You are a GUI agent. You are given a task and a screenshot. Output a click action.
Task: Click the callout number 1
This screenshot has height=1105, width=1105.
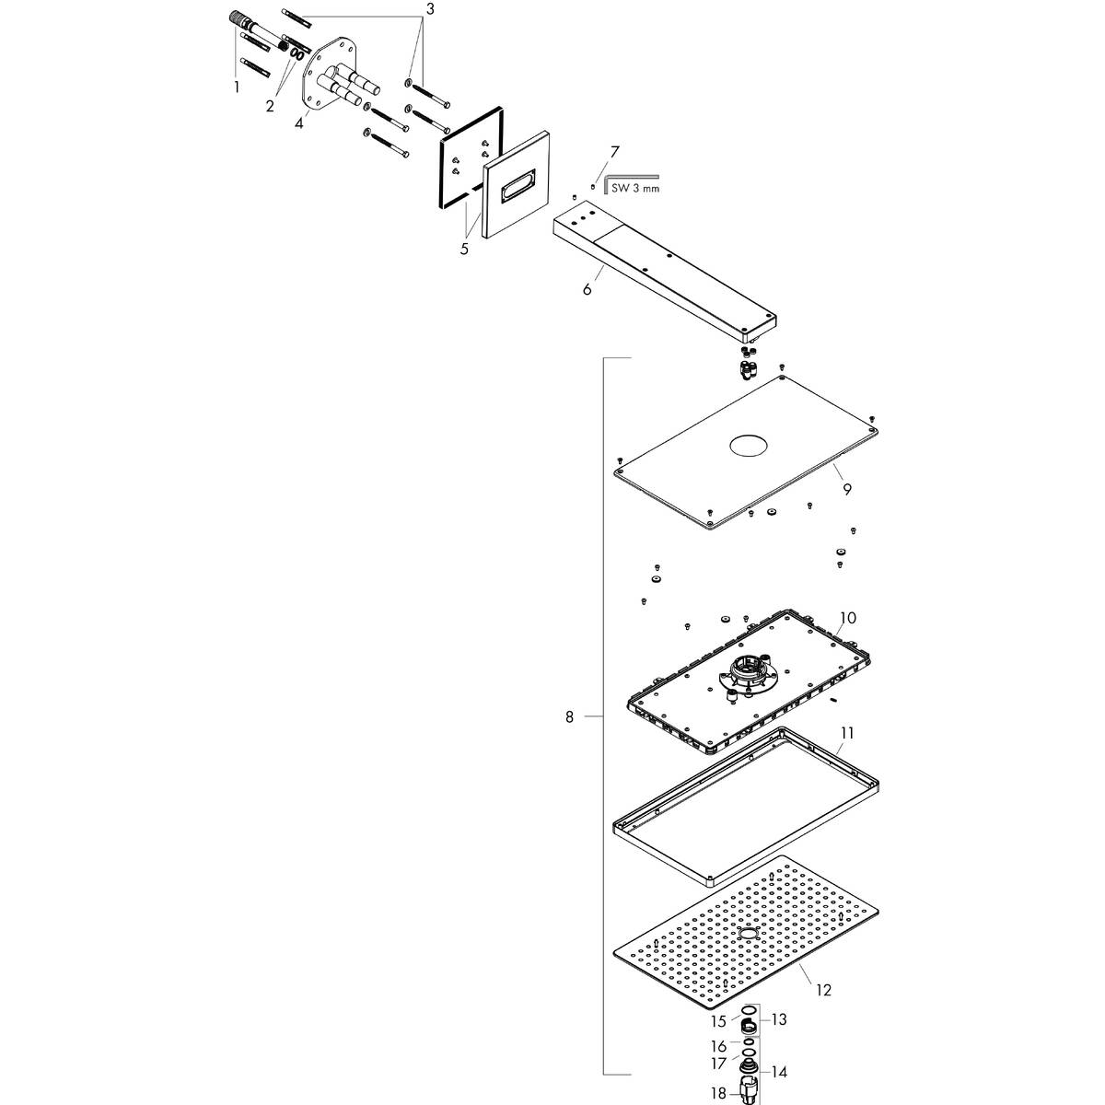pyautogui.click(x=237, y=87)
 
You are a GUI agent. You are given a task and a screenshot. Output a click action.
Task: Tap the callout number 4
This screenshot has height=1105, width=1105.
pyautogui.click(x=299, y=123)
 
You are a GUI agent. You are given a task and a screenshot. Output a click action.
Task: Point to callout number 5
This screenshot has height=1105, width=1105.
pyautogui.click(x=464, y=248)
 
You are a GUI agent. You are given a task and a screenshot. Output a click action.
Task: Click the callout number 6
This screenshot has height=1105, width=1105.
pyautogui.click(x=587, y=289)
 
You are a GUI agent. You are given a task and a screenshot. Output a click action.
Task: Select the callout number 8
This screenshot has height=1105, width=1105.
pyautogui.click(x=570, y=715)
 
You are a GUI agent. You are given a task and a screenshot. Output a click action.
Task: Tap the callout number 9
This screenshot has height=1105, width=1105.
pyautogui.click(x=846, y=490)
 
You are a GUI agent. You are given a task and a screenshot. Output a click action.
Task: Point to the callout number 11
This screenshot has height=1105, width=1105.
pyautogui.click(x=847, y=733)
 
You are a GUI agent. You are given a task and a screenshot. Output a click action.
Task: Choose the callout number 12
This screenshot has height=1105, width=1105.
pyautogui.click(x=823, y=990)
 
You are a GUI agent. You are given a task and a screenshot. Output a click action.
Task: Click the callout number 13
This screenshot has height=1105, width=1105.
pyautogui.click(x=780, y=1019)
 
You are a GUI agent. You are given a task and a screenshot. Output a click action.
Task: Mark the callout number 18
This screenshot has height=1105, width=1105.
pyautogui.click(x=718, y=1093)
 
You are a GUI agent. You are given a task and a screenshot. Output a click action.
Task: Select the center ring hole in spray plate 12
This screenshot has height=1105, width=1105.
pyautogui.click(x=746, y=935)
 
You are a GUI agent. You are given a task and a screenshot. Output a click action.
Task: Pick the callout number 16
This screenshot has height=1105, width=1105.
pyautogui.click(x=718, y=1046)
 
